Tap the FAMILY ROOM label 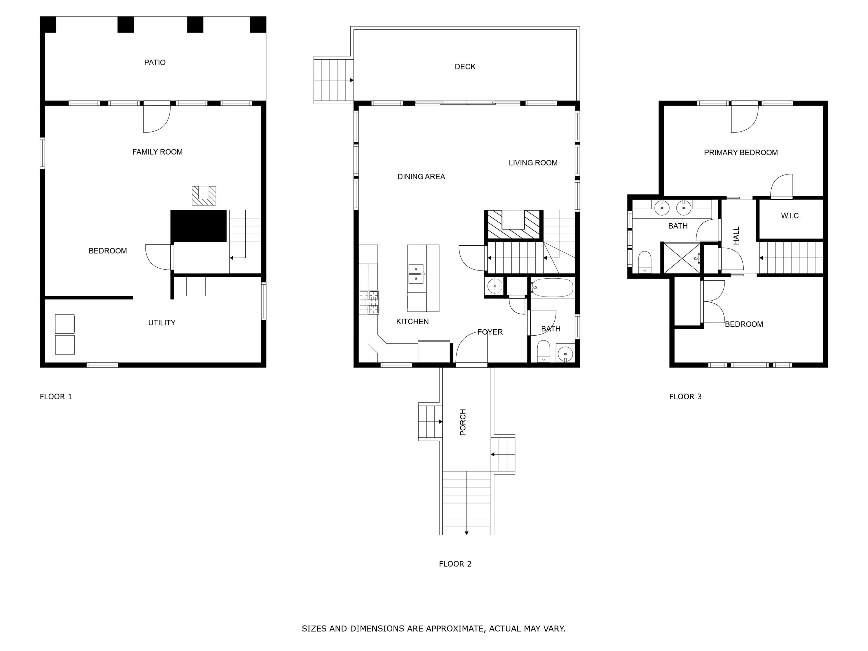(157, 152)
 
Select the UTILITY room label (162, 323)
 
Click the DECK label (465, 67)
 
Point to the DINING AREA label (421, 176)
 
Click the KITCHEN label (412, 322)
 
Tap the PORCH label (463, 422)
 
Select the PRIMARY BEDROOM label (741, 153)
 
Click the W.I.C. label (791, 216)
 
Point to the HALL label (736, 236)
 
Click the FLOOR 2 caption (455, 564)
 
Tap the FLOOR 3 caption (685, 397)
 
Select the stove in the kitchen (369, 302)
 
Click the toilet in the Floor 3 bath (644, 262)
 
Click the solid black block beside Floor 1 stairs (198, 226)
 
